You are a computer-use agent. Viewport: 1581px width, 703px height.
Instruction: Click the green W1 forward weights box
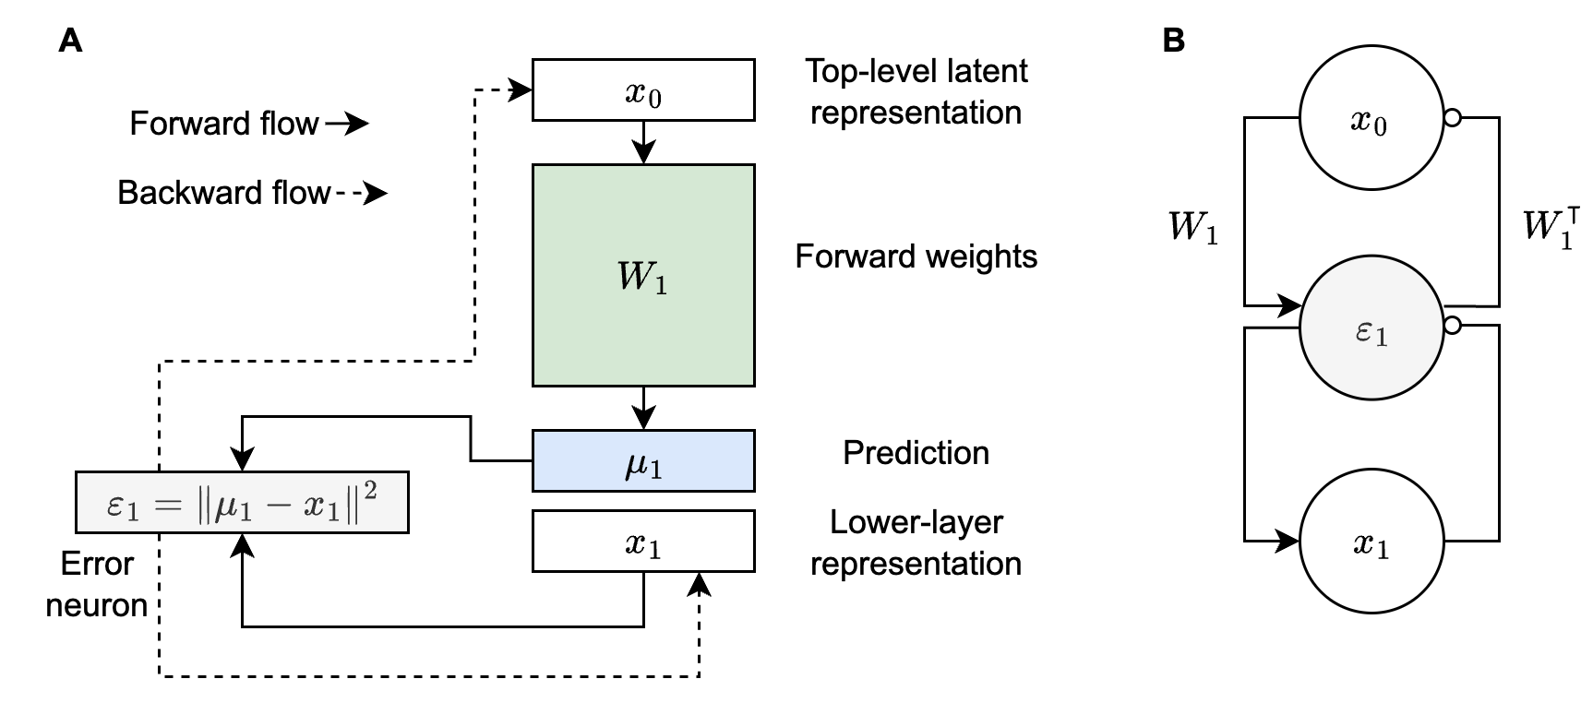click(x=643, y=275)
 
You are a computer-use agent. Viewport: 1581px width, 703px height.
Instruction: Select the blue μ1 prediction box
click(x=643, y=460)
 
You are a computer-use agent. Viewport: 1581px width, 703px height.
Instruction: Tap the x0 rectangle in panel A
click(x=643, y=89)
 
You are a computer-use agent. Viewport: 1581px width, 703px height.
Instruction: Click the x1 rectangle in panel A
click(x=643, y=542)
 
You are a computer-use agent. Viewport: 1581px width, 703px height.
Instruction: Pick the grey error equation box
click(x=242, y=503)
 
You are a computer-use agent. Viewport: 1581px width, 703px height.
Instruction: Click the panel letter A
click(x=70, y=41)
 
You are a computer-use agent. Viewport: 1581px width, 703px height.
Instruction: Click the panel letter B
click(x=1173, y=41)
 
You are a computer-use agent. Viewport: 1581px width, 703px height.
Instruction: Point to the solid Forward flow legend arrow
click(x=346, y=124)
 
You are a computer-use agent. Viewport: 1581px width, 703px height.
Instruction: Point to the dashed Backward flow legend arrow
click(x=362, y=193)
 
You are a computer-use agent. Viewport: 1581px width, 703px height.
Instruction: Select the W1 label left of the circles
click(x=1192, y=226)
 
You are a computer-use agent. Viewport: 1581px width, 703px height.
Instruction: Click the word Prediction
click(x=916, y=453)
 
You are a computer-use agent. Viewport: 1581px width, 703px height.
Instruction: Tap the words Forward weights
click(x=916, y=256)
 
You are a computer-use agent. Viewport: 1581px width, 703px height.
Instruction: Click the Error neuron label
click(x=97, y=584)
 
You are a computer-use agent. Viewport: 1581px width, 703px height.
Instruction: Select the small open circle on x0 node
click(x=1452, y=118)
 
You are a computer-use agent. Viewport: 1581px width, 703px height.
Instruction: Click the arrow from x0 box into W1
click(x=643, y=142)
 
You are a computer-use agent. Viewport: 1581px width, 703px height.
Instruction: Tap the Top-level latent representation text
click(x=916, y=91)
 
